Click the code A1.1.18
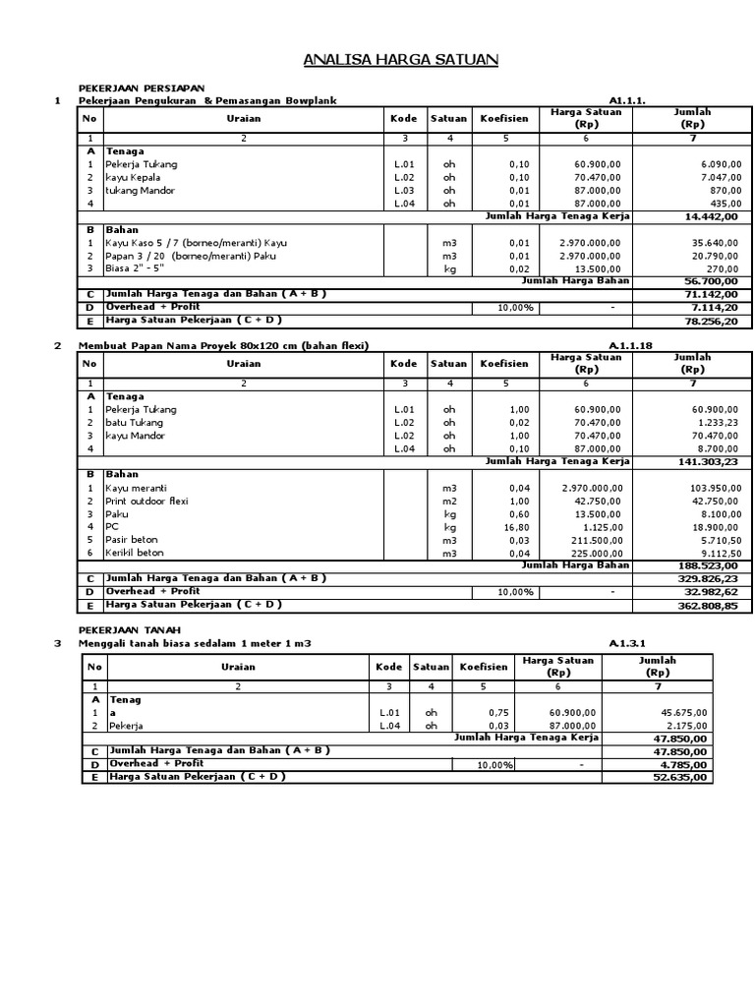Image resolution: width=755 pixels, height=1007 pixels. [x=630, y=345]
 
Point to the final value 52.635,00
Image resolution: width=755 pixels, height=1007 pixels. [x=679, y=777]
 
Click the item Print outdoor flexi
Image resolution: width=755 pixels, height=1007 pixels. [x=146, y=501]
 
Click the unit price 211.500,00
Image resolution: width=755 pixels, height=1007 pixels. [x=591, y=539]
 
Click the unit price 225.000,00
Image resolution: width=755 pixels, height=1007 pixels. [x=591, y=552]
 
